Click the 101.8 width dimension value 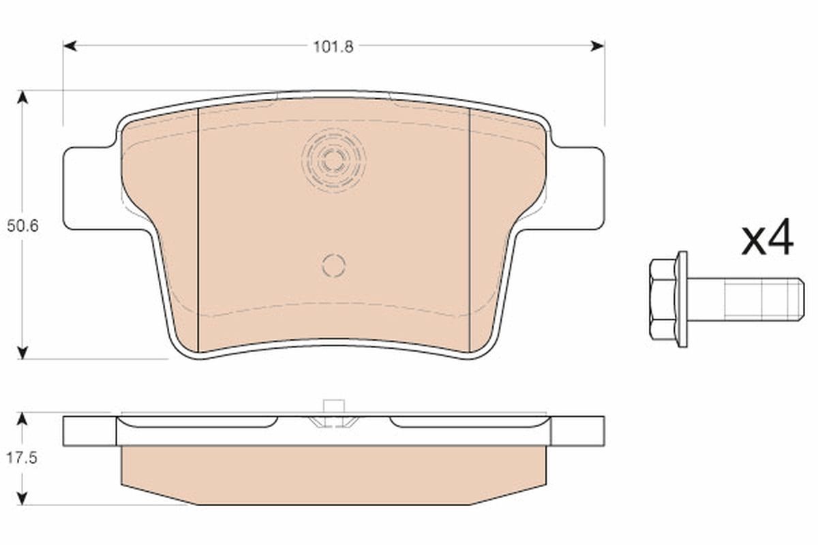333,47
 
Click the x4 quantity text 768,238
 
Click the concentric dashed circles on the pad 333,160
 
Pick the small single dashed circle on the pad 333,265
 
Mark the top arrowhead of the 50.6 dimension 22,97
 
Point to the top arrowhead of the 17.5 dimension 22,418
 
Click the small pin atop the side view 333,407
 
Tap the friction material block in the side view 333,474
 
